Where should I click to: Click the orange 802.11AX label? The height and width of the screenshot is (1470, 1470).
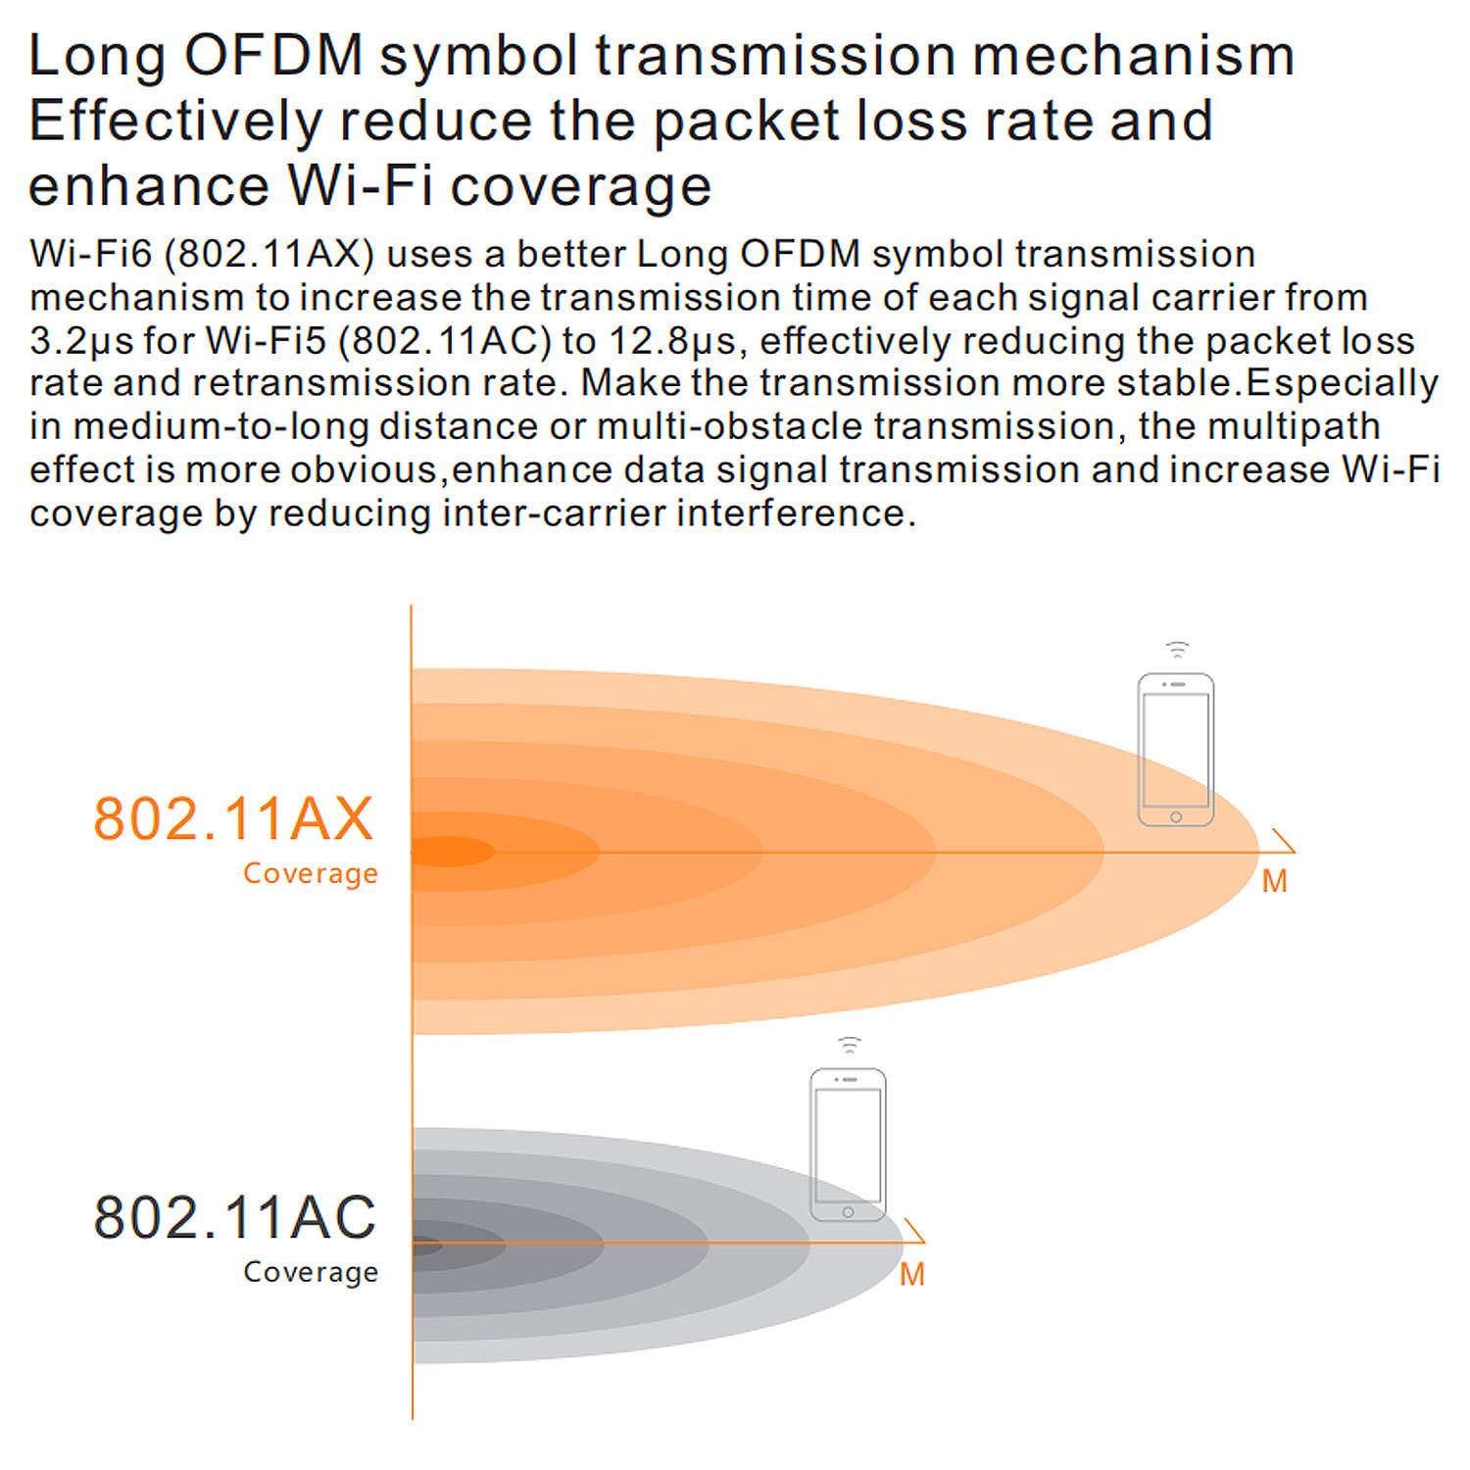pos(233,819)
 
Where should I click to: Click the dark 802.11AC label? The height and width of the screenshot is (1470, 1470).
pos(234,1217)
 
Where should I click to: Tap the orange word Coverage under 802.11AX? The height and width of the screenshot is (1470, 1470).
pos(310,873)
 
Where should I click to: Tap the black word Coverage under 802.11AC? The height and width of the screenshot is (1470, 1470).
pos(310,1272)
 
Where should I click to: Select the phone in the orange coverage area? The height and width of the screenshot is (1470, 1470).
pos(1175,750)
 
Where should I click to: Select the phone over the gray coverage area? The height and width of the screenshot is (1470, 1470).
pos(848,1145)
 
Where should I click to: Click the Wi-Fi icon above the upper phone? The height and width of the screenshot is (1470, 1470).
pos(1177,650)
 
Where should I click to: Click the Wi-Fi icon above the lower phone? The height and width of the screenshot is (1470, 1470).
pos(849,1045)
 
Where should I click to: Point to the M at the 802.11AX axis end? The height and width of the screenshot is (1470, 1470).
pos(1274,881)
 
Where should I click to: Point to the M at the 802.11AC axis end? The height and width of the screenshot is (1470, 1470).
pos(911,1274)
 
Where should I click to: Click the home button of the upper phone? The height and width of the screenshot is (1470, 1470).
pos(1176,816)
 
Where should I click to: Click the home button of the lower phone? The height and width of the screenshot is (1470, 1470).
pos(848,1212)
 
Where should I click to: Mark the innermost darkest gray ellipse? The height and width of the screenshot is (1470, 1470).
pos(426,1247)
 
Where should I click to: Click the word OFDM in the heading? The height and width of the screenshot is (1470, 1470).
pos(273,55)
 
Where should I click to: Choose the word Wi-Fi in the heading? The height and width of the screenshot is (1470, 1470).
pos(360,186)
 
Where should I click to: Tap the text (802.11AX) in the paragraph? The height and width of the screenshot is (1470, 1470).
pos(269,254)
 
